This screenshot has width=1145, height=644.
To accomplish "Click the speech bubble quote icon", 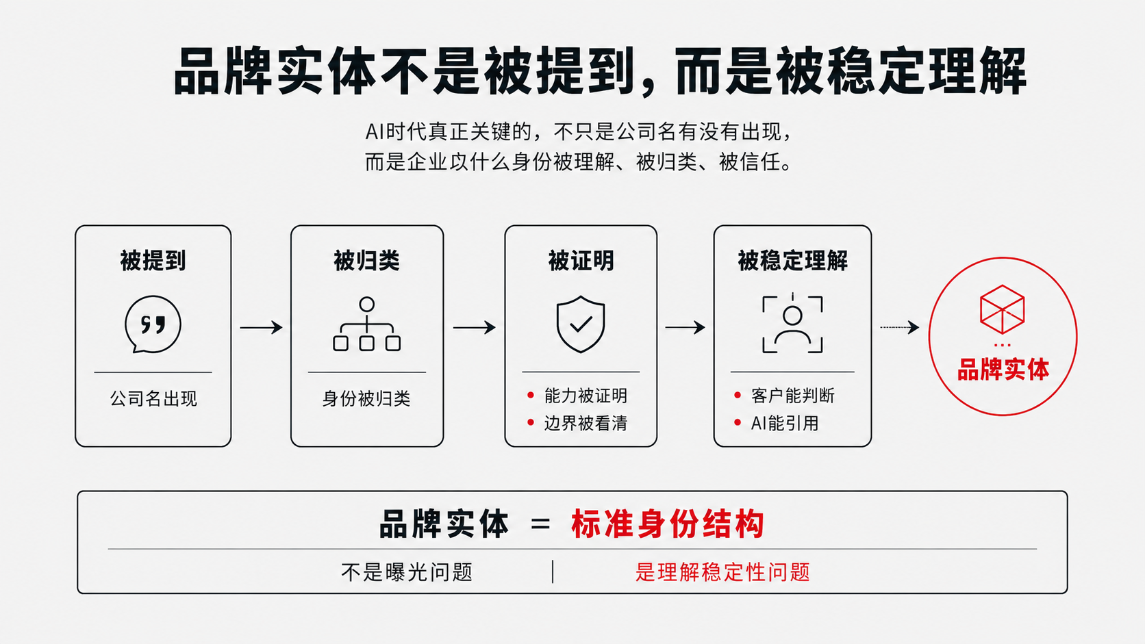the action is point(153,324).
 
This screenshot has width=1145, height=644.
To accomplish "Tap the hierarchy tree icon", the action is point(367,324).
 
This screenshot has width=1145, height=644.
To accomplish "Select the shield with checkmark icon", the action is point(581,324).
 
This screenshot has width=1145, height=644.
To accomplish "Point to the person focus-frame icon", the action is point(792,324).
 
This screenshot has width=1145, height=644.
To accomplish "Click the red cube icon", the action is point(1003,309).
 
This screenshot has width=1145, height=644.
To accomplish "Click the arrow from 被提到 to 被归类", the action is point(261,327).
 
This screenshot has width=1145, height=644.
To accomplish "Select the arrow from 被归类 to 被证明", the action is point(475,327).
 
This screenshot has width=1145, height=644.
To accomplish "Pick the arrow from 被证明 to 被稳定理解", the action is point(685,327).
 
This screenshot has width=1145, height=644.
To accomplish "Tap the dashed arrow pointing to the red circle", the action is point(900,327).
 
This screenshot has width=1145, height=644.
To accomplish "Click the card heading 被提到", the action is point(153,261).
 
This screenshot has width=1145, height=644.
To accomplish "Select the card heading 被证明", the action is point(581,261).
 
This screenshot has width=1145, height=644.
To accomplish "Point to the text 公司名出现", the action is point(153,398).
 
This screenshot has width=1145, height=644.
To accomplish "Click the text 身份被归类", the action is point(366,398).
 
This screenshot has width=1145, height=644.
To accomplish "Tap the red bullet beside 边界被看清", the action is point(531,422).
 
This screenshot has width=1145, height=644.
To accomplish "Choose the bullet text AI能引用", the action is point(785,423).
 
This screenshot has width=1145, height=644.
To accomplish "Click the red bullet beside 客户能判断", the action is point(737,395).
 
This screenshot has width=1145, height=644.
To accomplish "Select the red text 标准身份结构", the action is point(668,524).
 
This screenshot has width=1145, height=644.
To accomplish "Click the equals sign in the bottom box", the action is point(540,524).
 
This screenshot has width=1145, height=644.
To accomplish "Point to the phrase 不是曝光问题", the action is point(407,572).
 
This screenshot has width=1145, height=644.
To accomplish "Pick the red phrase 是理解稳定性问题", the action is point(722,572).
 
